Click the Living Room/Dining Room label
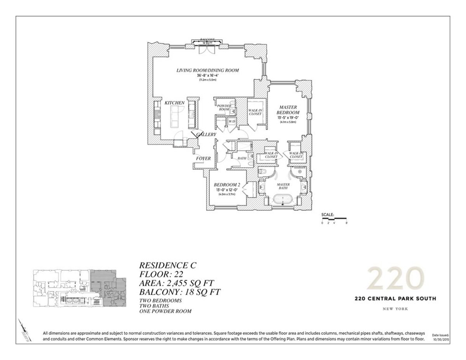tap(207, 70)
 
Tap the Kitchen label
tap(174, 103)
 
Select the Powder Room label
tap(224, 108)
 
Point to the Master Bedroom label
tap(288, 110)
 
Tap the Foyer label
tap(203, 158)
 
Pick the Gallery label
tap(206, 134)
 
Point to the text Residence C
tap(168, 266)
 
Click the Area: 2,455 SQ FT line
tap(177, 283)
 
